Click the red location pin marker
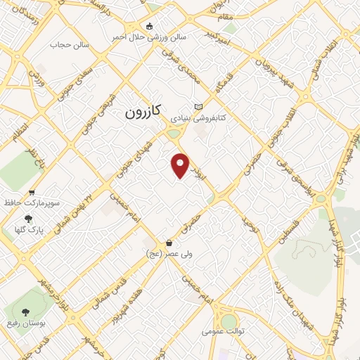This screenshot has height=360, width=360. [181, 165]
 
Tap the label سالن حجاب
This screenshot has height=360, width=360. [67, 44]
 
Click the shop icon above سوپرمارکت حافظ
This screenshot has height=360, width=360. [31, 191]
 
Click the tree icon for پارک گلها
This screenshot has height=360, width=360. [29, 219]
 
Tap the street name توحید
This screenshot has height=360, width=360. [247, 224]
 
